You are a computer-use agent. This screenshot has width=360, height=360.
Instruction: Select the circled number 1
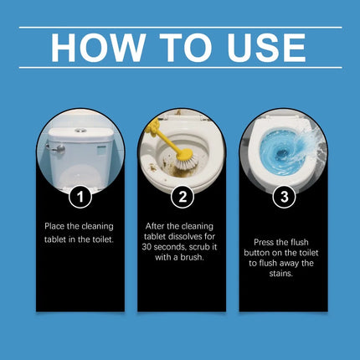(x=80, y=198)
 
